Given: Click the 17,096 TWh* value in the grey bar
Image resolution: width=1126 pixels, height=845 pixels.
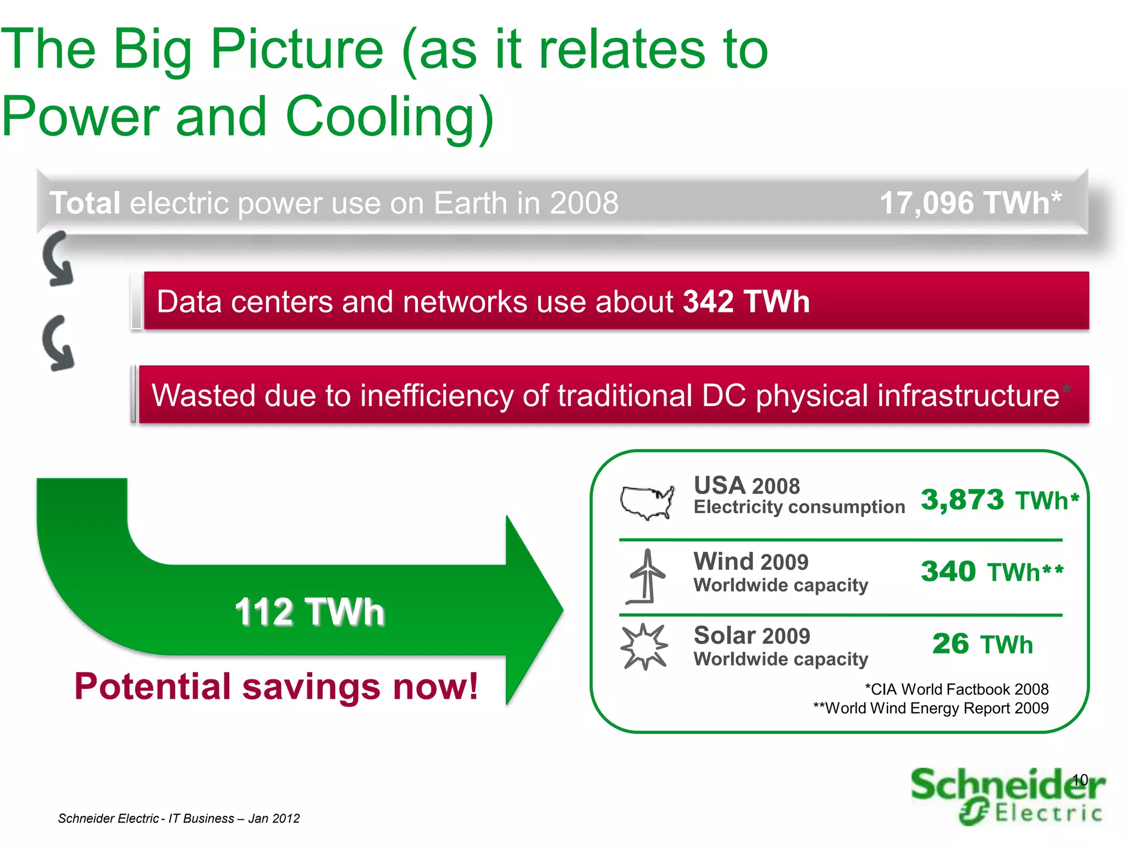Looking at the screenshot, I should pyautogui.click(x=970, y=203).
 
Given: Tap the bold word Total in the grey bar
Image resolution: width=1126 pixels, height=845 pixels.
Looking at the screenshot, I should pyautogui.click(x=85, y=203).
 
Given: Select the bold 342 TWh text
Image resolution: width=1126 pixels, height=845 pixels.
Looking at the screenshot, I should pyautogui.click(x=746, y=301).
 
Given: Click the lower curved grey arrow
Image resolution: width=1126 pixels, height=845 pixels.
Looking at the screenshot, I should pyautogui.click(x=58, y=343).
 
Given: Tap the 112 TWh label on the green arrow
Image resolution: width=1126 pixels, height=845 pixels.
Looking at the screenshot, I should pyautogui.click(x=309, y=611).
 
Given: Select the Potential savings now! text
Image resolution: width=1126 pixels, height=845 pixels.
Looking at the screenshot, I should pyautogui.click(x=276, y=687).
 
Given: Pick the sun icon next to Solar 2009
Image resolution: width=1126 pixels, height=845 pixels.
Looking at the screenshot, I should pyautogui.click(x=644, y=646).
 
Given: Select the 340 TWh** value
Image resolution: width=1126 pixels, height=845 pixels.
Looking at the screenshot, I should pyautogui.click(x=992, y=572).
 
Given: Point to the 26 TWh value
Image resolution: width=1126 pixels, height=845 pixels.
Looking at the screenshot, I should pyautogui.click(x=982, y=644).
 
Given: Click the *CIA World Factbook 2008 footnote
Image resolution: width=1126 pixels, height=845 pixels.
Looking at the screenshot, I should pyautogui.click(x=956, y=689).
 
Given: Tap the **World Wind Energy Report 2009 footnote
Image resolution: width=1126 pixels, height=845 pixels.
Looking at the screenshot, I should pyautogui.click(x=931, y=708).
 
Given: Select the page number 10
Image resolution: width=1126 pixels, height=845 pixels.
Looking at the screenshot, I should pyautogui.click(x=1080, y=780).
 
